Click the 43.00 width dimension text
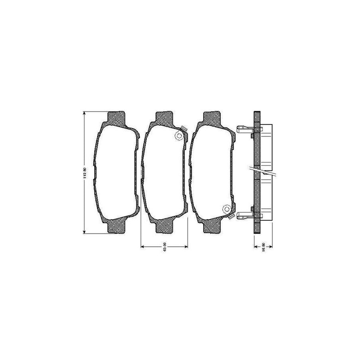point(165,247)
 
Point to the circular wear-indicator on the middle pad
point(180,136)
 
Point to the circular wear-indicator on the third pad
point(226,209)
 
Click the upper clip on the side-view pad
point(244,129)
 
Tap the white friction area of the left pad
point(116,172)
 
